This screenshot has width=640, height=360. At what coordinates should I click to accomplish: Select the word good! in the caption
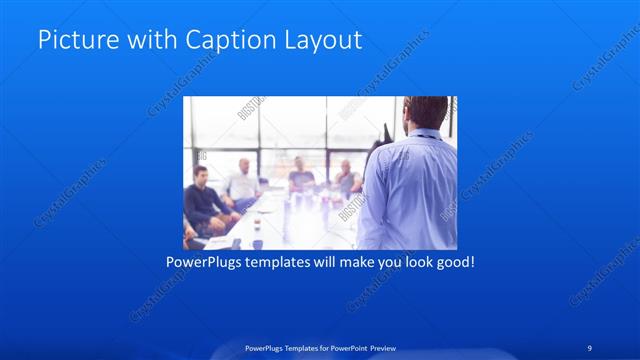pyautogui.click(x=453, y=263)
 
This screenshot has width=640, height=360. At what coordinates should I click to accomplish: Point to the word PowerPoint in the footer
pyautogui.click(x=346, y=348)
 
